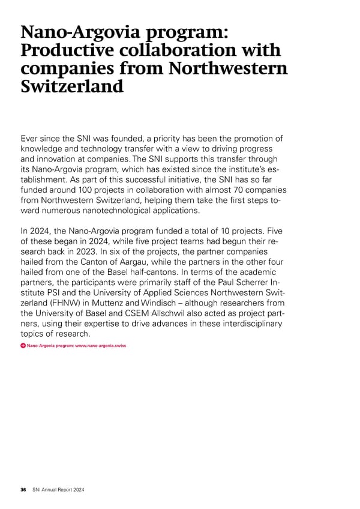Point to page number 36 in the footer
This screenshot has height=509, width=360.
(23, 490)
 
